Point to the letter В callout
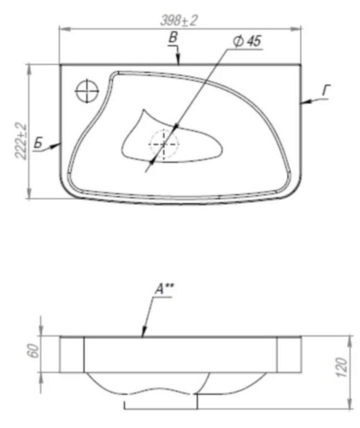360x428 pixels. coord(173,38)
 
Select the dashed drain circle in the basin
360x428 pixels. coord(162,144)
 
